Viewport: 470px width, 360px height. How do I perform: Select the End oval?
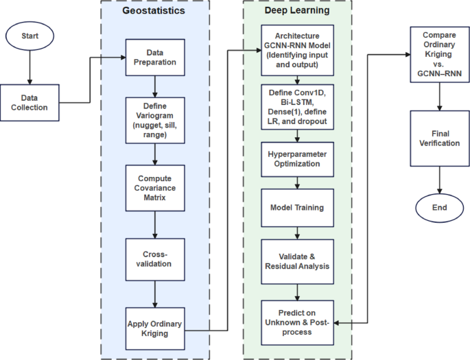pos(440,207)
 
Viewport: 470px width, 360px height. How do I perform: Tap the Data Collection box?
pos(29,103)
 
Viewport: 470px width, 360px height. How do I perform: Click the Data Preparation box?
pos(154,58)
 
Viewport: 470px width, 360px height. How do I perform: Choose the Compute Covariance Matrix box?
pos(154,187)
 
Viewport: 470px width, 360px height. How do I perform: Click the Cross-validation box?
pos(154,258)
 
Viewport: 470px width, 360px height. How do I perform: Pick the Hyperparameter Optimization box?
pos(297,160)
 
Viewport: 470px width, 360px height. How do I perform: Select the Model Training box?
pos(297,208)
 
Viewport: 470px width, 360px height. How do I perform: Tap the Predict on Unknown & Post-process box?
pos(297,322)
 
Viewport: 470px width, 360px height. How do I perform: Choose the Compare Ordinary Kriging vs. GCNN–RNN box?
pos(440,56)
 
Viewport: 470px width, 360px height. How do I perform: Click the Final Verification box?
pos(440,139)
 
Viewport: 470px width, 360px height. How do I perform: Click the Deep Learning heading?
pos(297,11)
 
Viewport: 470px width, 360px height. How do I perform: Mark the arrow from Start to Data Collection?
pos(29,70)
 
